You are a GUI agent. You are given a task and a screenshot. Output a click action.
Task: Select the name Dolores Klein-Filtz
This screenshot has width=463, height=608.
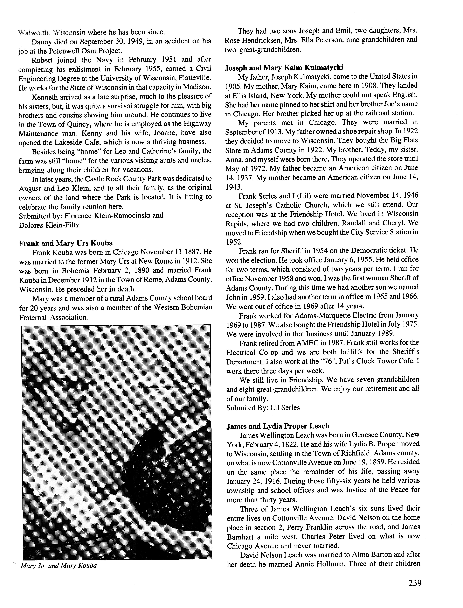[49, 225]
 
